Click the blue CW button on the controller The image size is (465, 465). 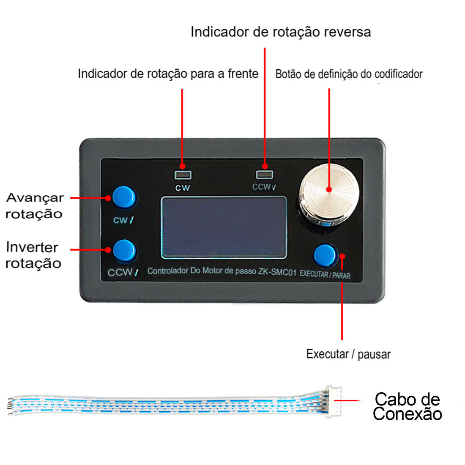tap(124, 197)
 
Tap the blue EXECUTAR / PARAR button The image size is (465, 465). tap(325, 255)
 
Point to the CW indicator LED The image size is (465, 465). tap(183, 174)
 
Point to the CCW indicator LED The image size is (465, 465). tap(265, 174)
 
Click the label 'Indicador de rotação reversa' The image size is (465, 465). tap(281, 32)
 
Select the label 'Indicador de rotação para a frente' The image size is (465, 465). tap(168, 74)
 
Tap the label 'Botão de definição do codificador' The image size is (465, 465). tap(349, 74)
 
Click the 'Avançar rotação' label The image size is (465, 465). tap(34, 206)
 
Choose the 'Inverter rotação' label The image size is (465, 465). tap(33, 255)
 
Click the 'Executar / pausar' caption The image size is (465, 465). tap(348, 354)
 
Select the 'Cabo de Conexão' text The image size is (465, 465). tap(407, 406)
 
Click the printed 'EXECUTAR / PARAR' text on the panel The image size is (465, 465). tap(325, 274)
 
